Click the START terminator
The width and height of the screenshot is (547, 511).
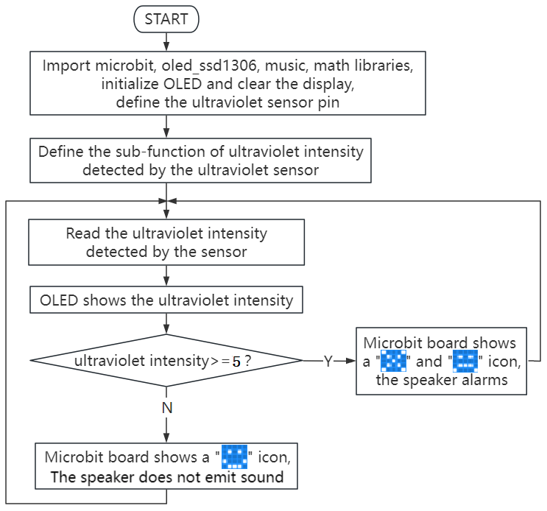166,19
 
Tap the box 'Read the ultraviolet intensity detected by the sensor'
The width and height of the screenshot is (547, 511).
166,242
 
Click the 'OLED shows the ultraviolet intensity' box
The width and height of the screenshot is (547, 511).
166,300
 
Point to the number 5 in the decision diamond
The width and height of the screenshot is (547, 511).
236,362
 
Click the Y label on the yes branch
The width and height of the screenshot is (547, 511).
328,362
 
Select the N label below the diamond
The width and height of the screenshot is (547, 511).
167,408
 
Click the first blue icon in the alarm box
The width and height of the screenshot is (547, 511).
393,361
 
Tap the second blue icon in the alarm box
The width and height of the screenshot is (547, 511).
465,361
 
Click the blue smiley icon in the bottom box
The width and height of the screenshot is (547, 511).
234,457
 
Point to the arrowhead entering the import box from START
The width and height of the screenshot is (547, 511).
166,46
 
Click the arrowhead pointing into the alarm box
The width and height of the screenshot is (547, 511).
350,361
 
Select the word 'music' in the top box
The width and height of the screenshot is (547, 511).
287,66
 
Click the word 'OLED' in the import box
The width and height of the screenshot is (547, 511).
183,84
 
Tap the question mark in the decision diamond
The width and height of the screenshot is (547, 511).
247,361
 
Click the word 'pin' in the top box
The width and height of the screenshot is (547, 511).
328,102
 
